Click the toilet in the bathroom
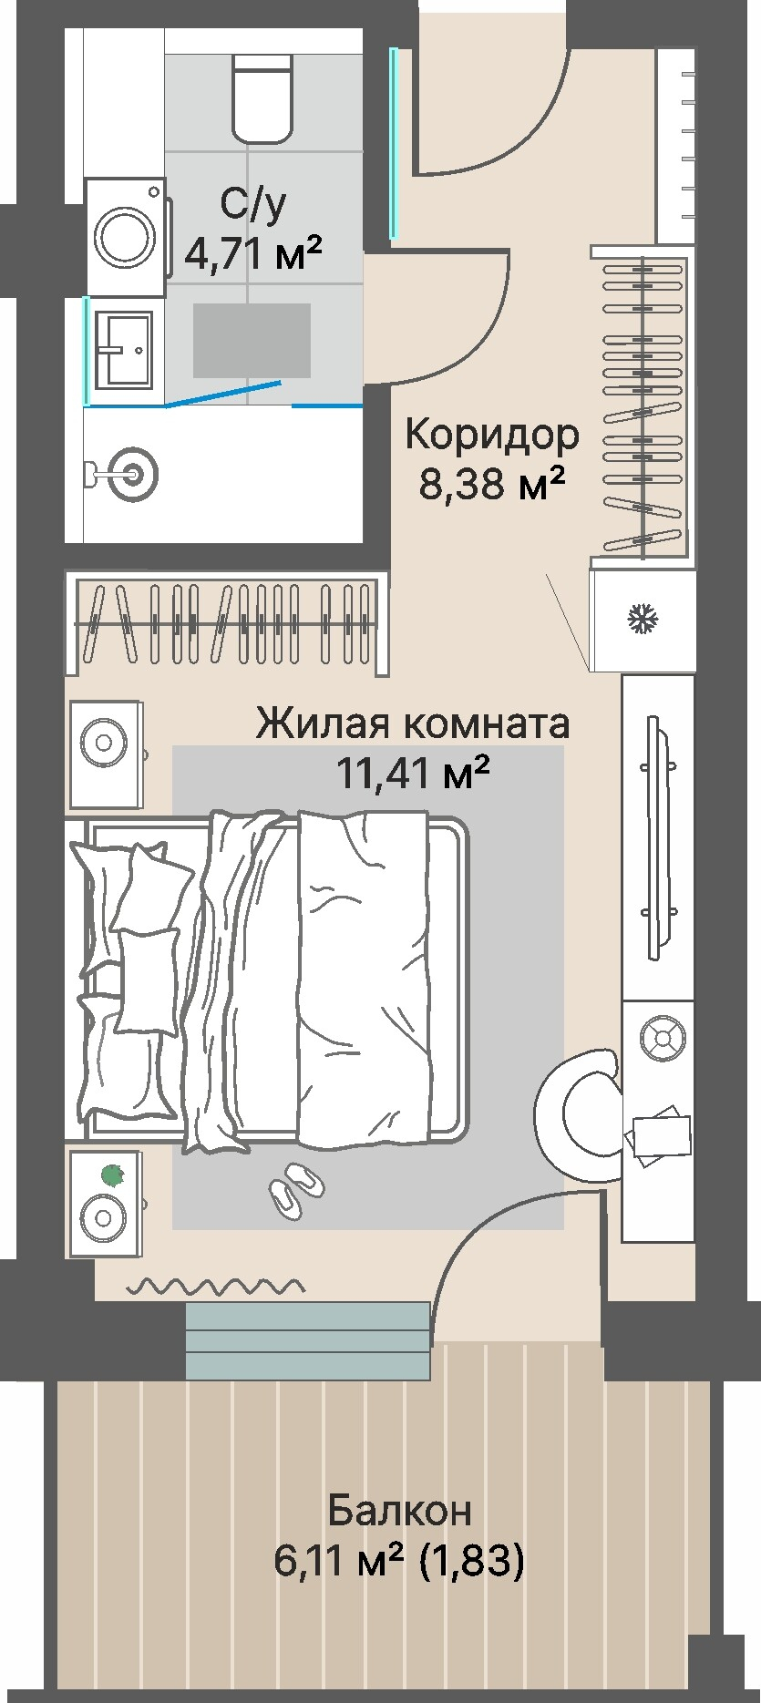[262, 97]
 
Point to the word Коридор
[491, 435]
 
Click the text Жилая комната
[412, 723]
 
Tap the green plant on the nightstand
[112, 1176]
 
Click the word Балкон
[400, 1510]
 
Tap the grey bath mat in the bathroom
[252, 340]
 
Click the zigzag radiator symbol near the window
[215, 1287]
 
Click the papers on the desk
[657, 1134]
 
